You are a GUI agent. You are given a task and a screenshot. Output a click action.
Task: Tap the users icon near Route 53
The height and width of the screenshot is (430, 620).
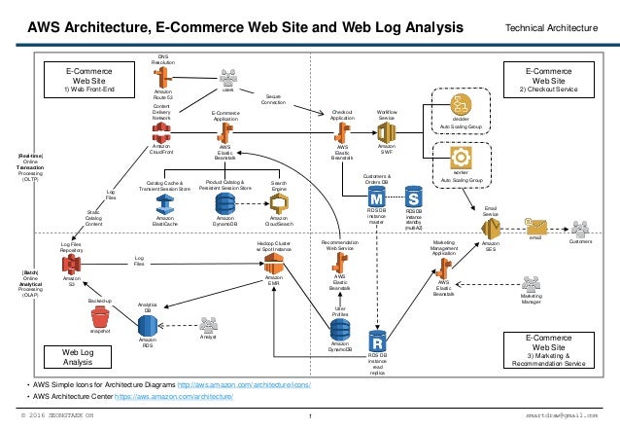tap(227, 79)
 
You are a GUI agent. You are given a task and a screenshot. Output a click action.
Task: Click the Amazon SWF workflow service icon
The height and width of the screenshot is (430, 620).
tap(386, 128)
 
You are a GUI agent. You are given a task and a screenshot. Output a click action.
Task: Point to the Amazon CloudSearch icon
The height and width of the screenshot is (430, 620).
tap(279, 203)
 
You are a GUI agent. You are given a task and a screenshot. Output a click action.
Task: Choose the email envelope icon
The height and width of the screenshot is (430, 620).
tap(534, 227)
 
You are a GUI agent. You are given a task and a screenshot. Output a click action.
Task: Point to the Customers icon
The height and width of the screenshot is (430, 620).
tap(582, 229)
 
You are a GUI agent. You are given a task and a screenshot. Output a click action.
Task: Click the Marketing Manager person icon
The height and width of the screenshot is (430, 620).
tap(531, 285)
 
